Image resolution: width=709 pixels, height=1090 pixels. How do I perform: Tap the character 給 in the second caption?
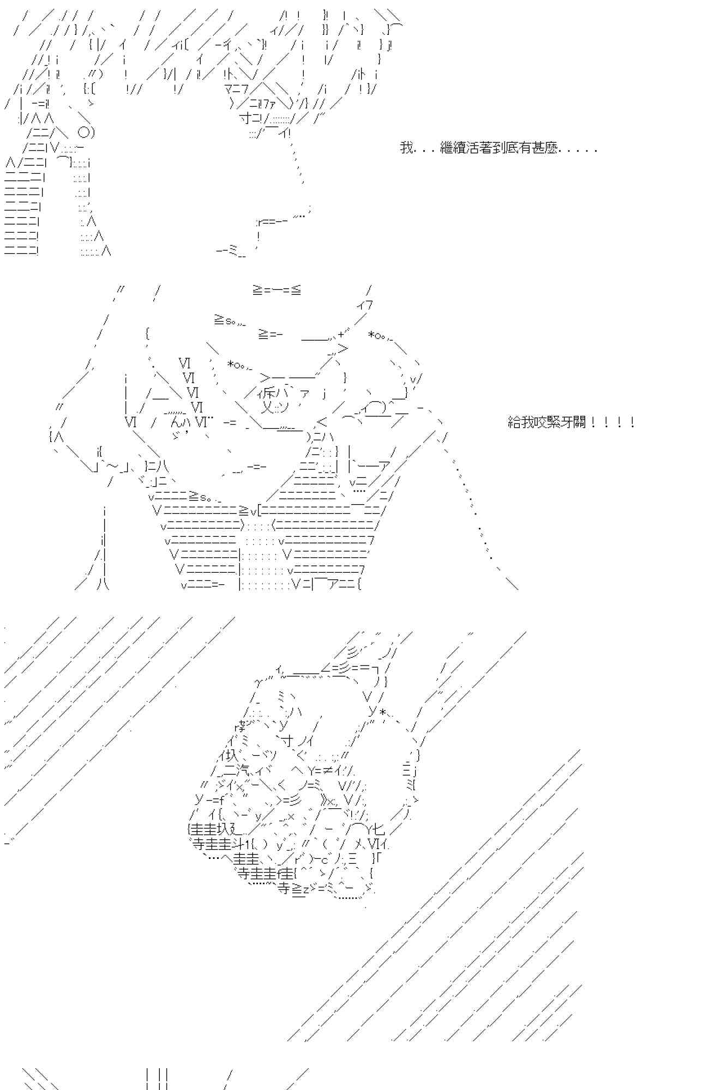[x=514, y=422]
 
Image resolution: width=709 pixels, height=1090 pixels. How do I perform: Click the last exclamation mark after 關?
[x=632, y=422]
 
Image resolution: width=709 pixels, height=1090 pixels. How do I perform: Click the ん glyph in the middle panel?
[x=176, y=422]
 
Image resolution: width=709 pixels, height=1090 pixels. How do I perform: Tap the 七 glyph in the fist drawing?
[x=380, y=830]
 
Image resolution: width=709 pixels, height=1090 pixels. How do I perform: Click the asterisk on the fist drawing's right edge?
[x=383, y=712]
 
